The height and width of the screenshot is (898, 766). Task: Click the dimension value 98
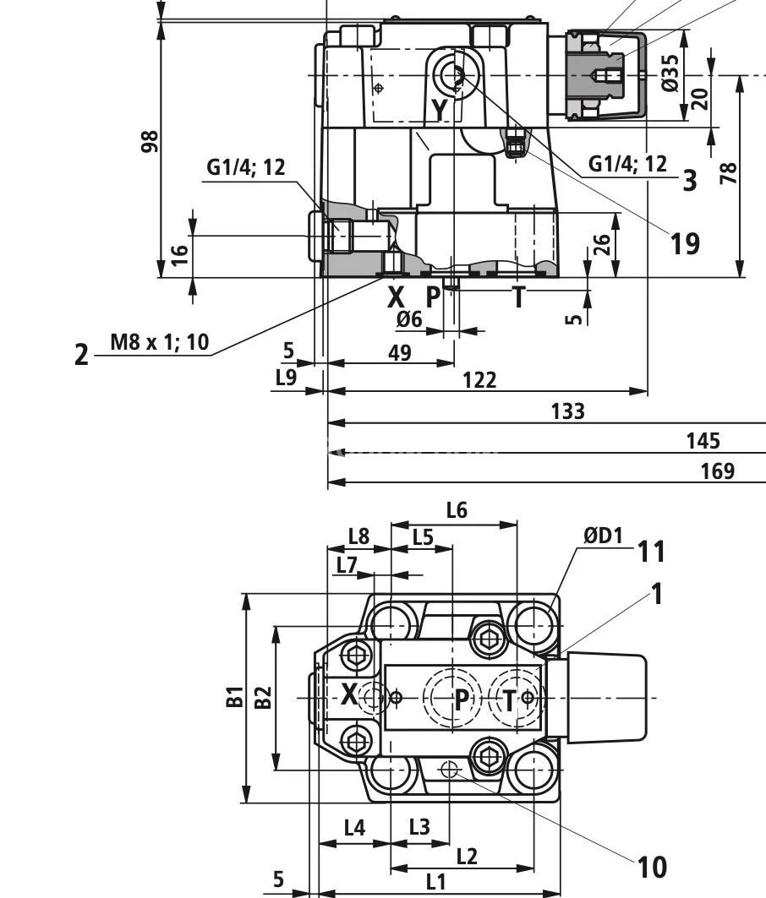click(x=150, y=140)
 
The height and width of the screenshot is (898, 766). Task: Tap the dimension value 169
click(x=718, y=471)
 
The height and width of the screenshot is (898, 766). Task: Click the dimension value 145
click(x=703, y=440)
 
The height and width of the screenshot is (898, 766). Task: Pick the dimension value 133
click(x=567, y=411)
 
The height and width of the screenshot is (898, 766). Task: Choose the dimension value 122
click(x=479, y=380)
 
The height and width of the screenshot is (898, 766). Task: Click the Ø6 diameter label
click(x=409, y=319)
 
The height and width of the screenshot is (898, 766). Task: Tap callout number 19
click(x=685, y=243)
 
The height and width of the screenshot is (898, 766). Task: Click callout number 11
click(x=650, y=552)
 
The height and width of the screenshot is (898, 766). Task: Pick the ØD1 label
click(x=602, y=535)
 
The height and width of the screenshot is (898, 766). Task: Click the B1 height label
click(x=235, y=697)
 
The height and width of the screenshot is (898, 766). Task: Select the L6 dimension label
click(x=457, y=510)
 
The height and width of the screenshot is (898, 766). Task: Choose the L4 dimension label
click(x=354, y=827)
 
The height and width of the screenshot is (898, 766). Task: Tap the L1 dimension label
click(x=435, y=882)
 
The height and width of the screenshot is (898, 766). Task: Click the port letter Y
click(x=440, y=109)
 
